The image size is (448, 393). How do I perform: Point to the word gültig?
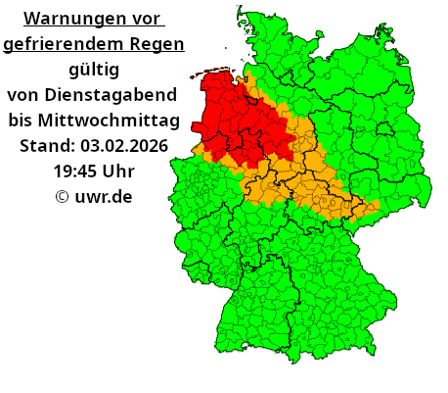click(x=94, y=70)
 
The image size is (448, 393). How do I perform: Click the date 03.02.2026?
click(x=124, y=146)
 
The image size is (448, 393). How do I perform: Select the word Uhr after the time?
click(x=117, y=172)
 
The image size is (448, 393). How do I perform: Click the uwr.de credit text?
click(x=104, y=197)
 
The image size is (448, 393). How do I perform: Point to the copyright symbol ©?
click(x=62, y=197)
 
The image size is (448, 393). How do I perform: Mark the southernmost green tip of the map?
click(x=291, y=361)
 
